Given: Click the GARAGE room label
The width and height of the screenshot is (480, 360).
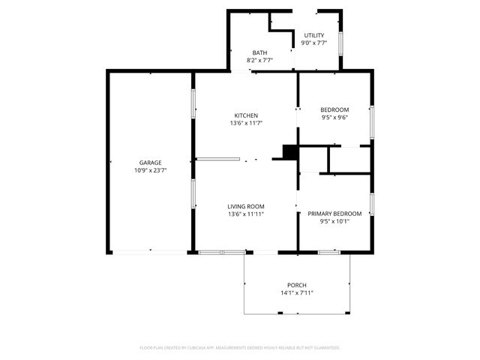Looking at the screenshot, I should tap(150, 163).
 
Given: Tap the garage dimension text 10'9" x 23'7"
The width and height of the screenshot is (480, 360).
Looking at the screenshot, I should tap(150, 170).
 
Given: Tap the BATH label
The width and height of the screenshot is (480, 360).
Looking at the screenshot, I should tap(259, 52).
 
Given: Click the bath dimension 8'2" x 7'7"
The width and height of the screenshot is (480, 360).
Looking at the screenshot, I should tap(259, 60).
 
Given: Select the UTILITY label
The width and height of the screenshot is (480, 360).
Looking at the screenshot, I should tap(313, 35).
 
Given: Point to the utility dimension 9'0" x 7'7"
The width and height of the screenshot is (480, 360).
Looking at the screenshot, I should tap(313, 43).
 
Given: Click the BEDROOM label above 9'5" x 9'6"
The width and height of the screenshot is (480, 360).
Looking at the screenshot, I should tap(334, 109).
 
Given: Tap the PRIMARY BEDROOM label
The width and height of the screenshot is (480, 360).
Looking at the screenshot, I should tap(334, 214).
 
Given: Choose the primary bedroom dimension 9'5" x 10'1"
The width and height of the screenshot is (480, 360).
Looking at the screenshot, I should tap(334, 221).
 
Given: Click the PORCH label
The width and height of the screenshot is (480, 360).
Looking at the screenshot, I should tap(296, 285).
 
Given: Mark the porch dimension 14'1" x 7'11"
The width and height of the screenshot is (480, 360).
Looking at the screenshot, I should tap(296, 293).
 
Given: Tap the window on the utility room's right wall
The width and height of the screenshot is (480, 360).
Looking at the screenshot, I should tap(342, 43).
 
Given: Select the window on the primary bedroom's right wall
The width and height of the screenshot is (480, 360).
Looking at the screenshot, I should tap(371, 204).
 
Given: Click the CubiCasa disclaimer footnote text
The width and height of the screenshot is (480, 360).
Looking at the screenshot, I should tap(240, 348).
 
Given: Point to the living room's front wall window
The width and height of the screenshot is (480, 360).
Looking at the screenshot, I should tap(221, 252).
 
